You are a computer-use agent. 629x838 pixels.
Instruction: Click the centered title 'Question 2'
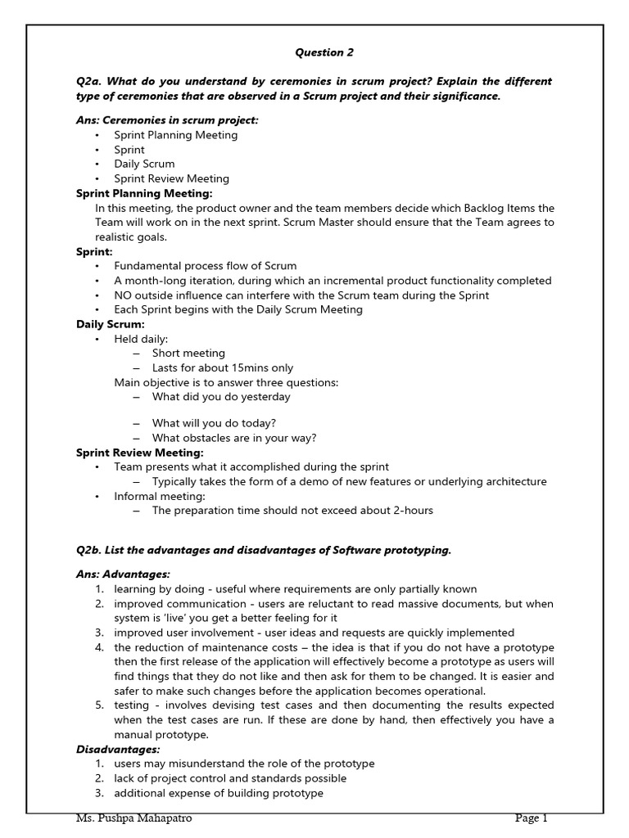pyautogui.click(x=319, y=52)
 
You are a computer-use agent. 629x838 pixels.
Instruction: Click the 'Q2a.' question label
pyautogui.click(x=89, y=82)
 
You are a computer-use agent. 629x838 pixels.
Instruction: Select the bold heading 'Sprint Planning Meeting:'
pyautogui.click(x=144, y=193)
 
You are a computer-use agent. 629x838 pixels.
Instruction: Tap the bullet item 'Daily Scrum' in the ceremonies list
pyautogui.click(x=144, y=164)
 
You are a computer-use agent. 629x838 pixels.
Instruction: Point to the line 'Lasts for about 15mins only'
pyautogui.click(x=222, y=368)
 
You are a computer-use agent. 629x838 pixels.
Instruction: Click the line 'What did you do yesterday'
pyautogui.click(x=221, y=397)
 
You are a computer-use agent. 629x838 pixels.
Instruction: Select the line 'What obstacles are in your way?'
pyautogui.click(x=234, y=438)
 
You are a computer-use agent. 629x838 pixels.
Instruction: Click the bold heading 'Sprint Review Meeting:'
pyautogui.click(x=139, y=453)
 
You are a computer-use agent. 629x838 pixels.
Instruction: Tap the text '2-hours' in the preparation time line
pyautogui.click(x=413, y=511)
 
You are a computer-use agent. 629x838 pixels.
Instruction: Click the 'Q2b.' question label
pyautogui.click(x=89, y=550)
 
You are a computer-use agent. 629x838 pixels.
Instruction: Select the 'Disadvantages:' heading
pyautogui.click(x=118, y=749)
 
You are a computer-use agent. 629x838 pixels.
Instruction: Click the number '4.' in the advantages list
pyautogui.click(x=98, y=647)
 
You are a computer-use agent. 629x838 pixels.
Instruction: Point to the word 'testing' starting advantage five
pyautogui.click(x=132, y=705)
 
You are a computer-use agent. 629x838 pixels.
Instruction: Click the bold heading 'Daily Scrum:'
pyautogui.click(x=110, y=324)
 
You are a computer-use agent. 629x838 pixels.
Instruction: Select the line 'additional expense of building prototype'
pyautogui.click(x=219, y=793)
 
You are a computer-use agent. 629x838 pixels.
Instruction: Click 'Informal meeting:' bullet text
pyautogui.click(x=160, y=496)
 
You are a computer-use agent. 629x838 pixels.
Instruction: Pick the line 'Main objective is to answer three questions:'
pyautogui.click(x=226, y=382)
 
